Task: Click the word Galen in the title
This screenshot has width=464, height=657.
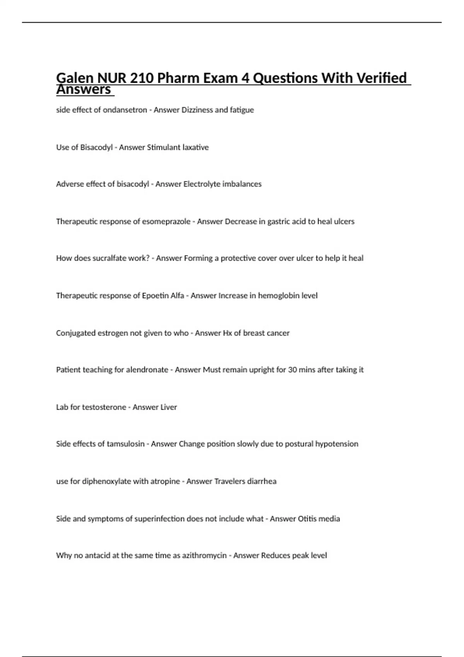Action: point(75,78)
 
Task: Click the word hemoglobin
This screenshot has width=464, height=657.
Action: point(278,296)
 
